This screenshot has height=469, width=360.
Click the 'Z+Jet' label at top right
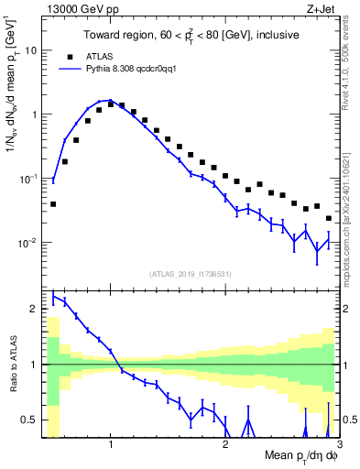coord(322,10)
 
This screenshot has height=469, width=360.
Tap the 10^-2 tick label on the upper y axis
coord(27,243)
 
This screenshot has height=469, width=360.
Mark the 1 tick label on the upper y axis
coord(34,115)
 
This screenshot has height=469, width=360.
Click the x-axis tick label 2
coord(225,444)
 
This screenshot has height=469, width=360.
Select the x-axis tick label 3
coord(339,444)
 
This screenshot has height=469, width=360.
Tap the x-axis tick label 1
coord(111,444)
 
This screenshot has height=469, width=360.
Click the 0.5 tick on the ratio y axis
coord(30,420)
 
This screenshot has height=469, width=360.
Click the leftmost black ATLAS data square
coord(53,204)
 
